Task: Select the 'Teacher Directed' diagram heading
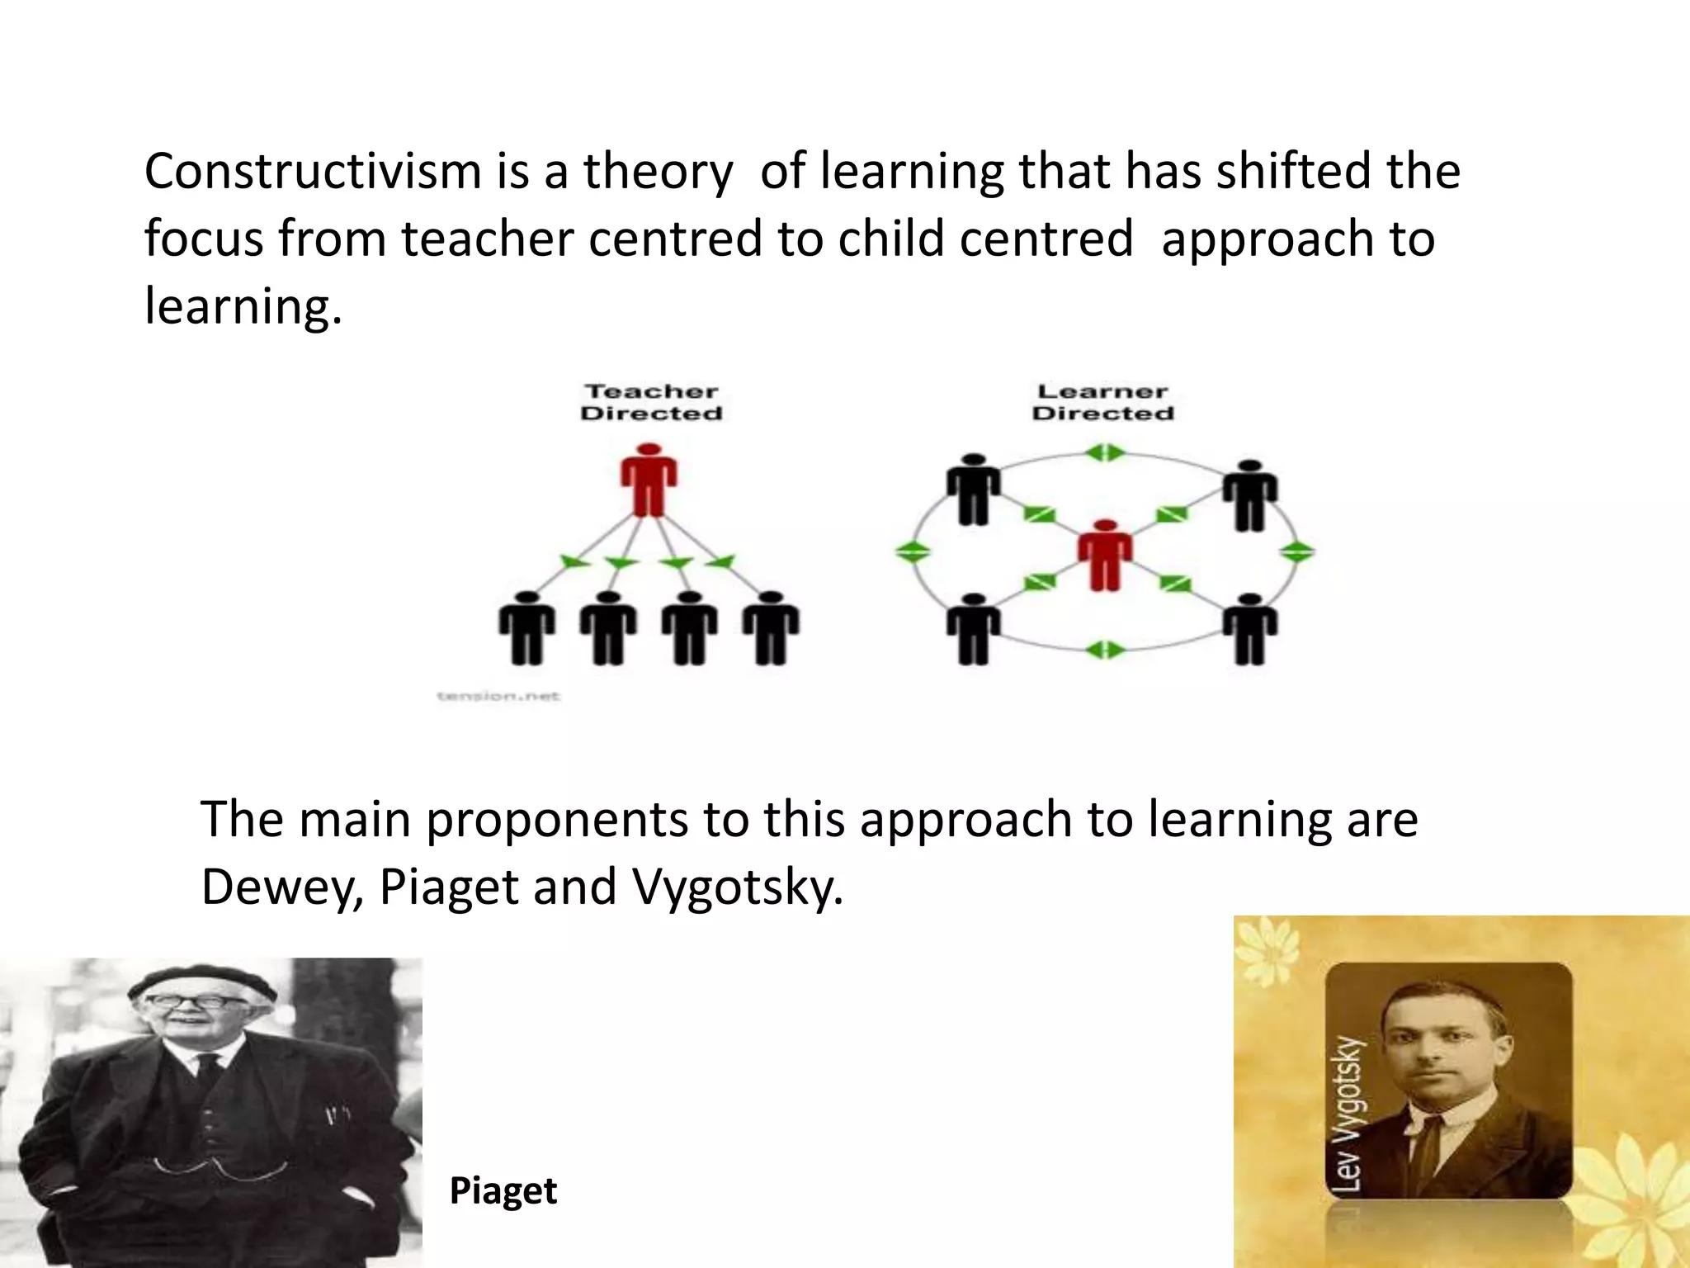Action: point(651,402)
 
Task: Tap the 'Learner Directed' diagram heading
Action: point(1102,402)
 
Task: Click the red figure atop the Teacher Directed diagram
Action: point(649,480)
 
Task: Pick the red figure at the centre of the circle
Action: point(1105,555)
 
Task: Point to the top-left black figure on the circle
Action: point(974,490)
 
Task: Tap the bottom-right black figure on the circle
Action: point(1250,629)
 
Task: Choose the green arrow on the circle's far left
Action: point(913,551)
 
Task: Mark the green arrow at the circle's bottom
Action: point(1104,650)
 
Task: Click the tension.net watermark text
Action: point(498,696)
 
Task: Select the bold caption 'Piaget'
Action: point(503,1190)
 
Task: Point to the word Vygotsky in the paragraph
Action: point(737,887)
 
